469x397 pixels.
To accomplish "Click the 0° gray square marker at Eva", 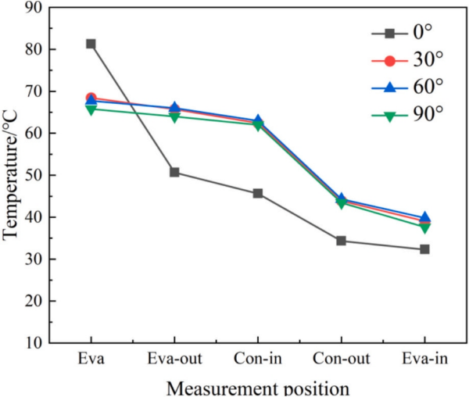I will click(91, 44).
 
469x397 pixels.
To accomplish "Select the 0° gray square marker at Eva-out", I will click(174, 172).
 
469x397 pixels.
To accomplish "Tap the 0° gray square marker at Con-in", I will click(258, 193).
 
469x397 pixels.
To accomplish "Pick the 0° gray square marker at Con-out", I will click(342, 241).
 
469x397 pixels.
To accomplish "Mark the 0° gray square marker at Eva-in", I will click(424, 249).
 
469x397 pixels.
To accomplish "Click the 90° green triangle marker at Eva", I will click(91, 109).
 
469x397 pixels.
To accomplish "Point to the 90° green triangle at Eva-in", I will click(424, 227).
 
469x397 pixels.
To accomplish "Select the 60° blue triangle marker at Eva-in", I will click(424, 217).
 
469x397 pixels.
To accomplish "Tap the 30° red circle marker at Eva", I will click(91, 98).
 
